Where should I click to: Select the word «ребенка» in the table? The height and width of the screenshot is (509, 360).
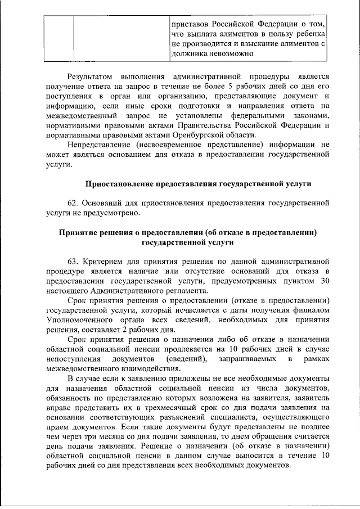pos(309,34)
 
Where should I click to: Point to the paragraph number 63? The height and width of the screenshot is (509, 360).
pos(73,262)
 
